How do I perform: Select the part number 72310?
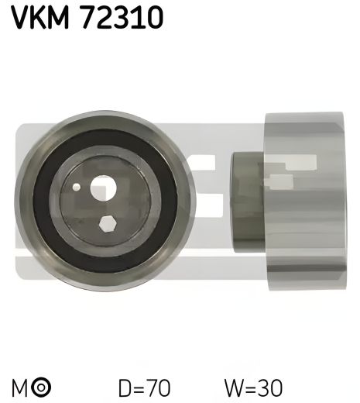click(x=119, y=16)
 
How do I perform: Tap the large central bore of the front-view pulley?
click(x=102, y=188)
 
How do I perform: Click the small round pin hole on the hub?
click(x=76, y=187)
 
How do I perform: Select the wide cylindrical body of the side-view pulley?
click(x=305, y=201)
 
